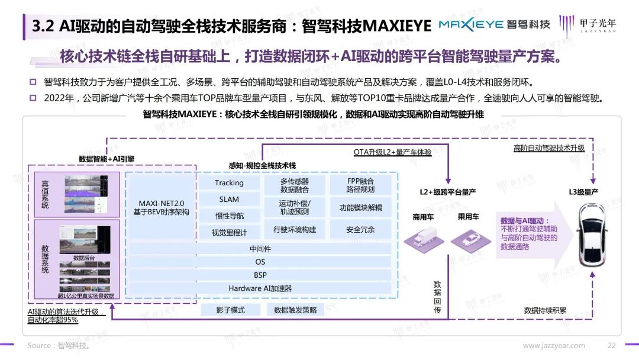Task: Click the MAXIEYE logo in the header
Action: [494, 24]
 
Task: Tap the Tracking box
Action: [229, 183]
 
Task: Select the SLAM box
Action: [229, 200]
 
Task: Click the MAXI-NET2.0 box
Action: [162, 207]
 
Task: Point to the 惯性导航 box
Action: [229, 216]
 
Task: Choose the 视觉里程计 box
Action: [229, 233]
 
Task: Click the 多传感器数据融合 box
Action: [294, 185]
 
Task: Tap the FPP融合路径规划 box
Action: [360, 185]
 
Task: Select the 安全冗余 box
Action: [360, 229]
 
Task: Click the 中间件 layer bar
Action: [260, 249]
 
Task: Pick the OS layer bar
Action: [260, 262]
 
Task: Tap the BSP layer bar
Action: [260, 275]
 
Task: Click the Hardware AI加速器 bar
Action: [260, 288]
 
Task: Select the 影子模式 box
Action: [229, 310]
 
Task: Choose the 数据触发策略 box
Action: [295, 310]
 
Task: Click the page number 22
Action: [612, 346]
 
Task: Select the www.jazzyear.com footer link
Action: [554, 346]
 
